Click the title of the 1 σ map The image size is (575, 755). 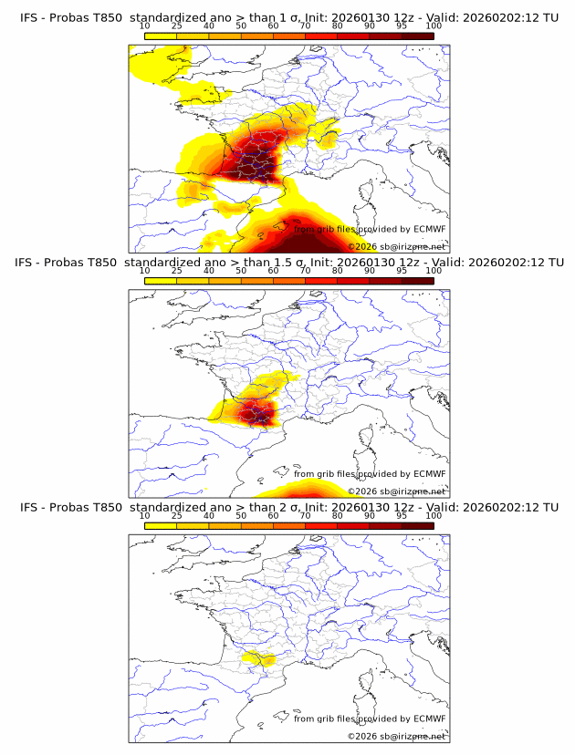pyautogui.click(x=288, y=16)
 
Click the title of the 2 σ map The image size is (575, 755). pyautogui.click(x=288, y=507)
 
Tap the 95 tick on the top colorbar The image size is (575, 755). pyautogui.click(x=402, y=26)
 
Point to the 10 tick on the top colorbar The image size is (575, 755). pyautogui.click(x=145, y=26)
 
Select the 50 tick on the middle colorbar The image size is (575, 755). pyautogui.click(x=241, y=271)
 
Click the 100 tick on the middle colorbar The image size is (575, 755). pyautogui.click(x=434, y=271)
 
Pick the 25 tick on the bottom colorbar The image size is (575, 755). pyautogui.click(x=177, y=516)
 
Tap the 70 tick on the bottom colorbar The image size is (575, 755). pyautogui.click(x=305, y=516)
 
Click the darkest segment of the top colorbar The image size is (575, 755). pyautogui.click(x=417, y=36)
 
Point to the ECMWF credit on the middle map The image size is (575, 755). pyautogui.click(x=370, y=474)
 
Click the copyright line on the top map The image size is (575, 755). pyautogui.click(x=396, y=246)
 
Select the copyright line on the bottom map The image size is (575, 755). pyautogui.click(x=396, y=736)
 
